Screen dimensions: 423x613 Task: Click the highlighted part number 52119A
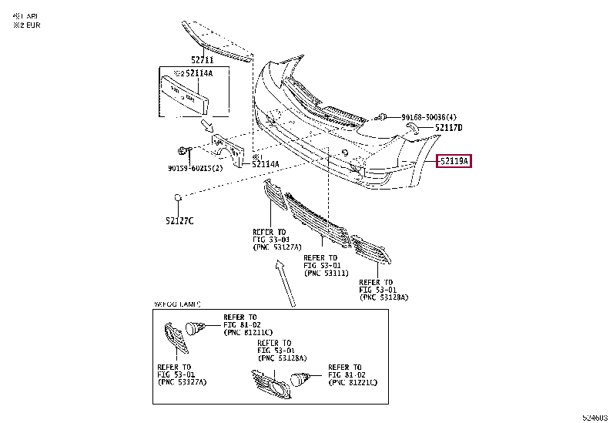coord(454,162)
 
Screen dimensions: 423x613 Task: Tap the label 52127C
coord(179,220)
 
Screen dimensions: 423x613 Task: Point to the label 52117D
coord(448,128)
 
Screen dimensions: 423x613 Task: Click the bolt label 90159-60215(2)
coord(195,168)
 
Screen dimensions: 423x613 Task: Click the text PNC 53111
coord(327,273)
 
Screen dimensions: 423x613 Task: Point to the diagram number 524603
coord(595,417)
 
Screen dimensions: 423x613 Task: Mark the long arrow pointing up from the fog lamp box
coord(284,281)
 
